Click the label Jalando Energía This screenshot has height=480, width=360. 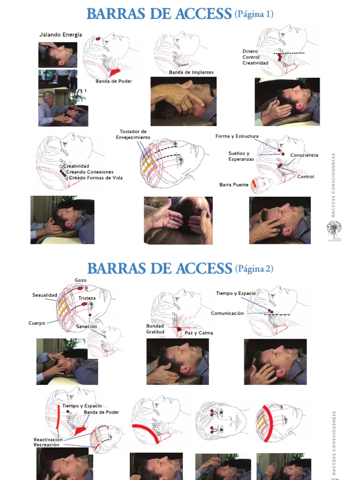60,35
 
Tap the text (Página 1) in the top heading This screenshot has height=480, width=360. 254,15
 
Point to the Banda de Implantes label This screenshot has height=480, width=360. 191,72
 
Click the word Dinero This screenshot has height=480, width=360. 251,51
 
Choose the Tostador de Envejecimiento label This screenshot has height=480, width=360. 134,134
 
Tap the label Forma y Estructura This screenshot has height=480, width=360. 237,136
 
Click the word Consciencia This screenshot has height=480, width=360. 304,155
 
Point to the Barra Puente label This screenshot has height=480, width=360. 234,185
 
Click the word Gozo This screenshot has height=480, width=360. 80,280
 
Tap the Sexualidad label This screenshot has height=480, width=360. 45,295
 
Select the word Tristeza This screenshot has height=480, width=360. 87,298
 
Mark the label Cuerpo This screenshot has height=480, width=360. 37,323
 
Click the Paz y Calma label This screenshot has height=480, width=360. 198,333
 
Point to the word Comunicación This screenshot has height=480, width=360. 227,313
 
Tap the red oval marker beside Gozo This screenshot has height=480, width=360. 80,287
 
